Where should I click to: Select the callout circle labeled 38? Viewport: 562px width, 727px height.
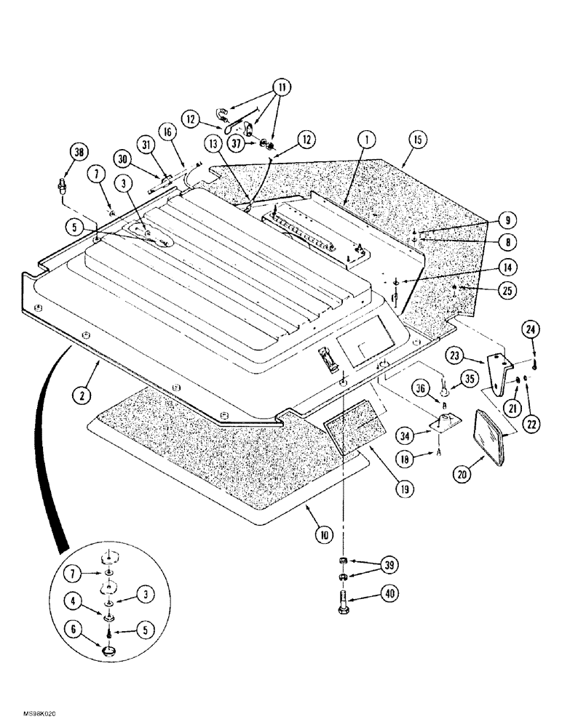[77, 152]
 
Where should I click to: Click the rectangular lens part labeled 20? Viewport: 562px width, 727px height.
[486, 435]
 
